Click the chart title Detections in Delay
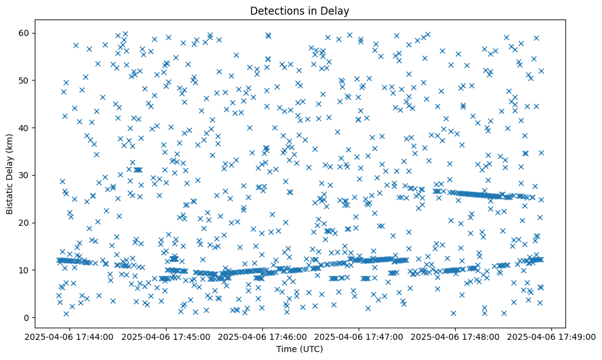coord(299,10)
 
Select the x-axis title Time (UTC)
coord(299,349)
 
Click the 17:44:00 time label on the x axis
coord(70,336)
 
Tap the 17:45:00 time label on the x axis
coord(166,336)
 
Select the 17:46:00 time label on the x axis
coord(262,336)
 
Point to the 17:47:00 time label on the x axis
coord(359,336)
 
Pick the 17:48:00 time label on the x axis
coord(455,336)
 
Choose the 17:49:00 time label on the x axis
coord(551,336)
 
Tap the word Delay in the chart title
coord(336,10)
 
